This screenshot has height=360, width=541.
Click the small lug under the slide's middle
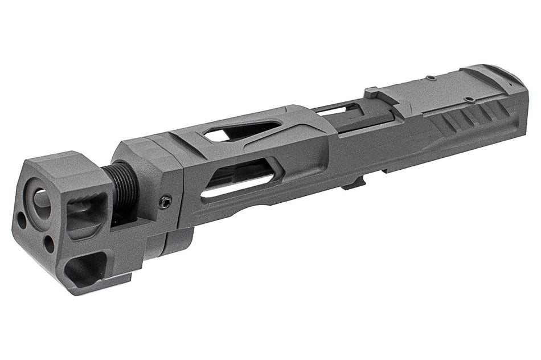pos(354,183)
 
